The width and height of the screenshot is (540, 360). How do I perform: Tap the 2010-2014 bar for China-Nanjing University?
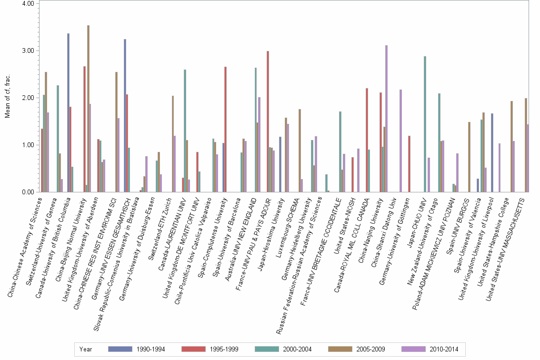[x=386, y=119]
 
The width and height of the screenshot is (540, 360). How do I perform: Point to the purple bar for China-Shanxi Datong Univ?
[x=400, y=141]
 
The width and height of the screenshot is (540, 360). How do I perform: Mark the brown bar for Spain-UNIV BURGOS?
[x=469, y=157]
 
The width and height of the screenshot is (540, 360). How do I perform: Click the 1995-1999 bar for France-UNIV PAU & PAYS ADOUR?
[x=268, y=121]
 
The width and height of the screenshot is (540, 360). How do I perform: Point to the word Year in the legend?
[x=86, y=349]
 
